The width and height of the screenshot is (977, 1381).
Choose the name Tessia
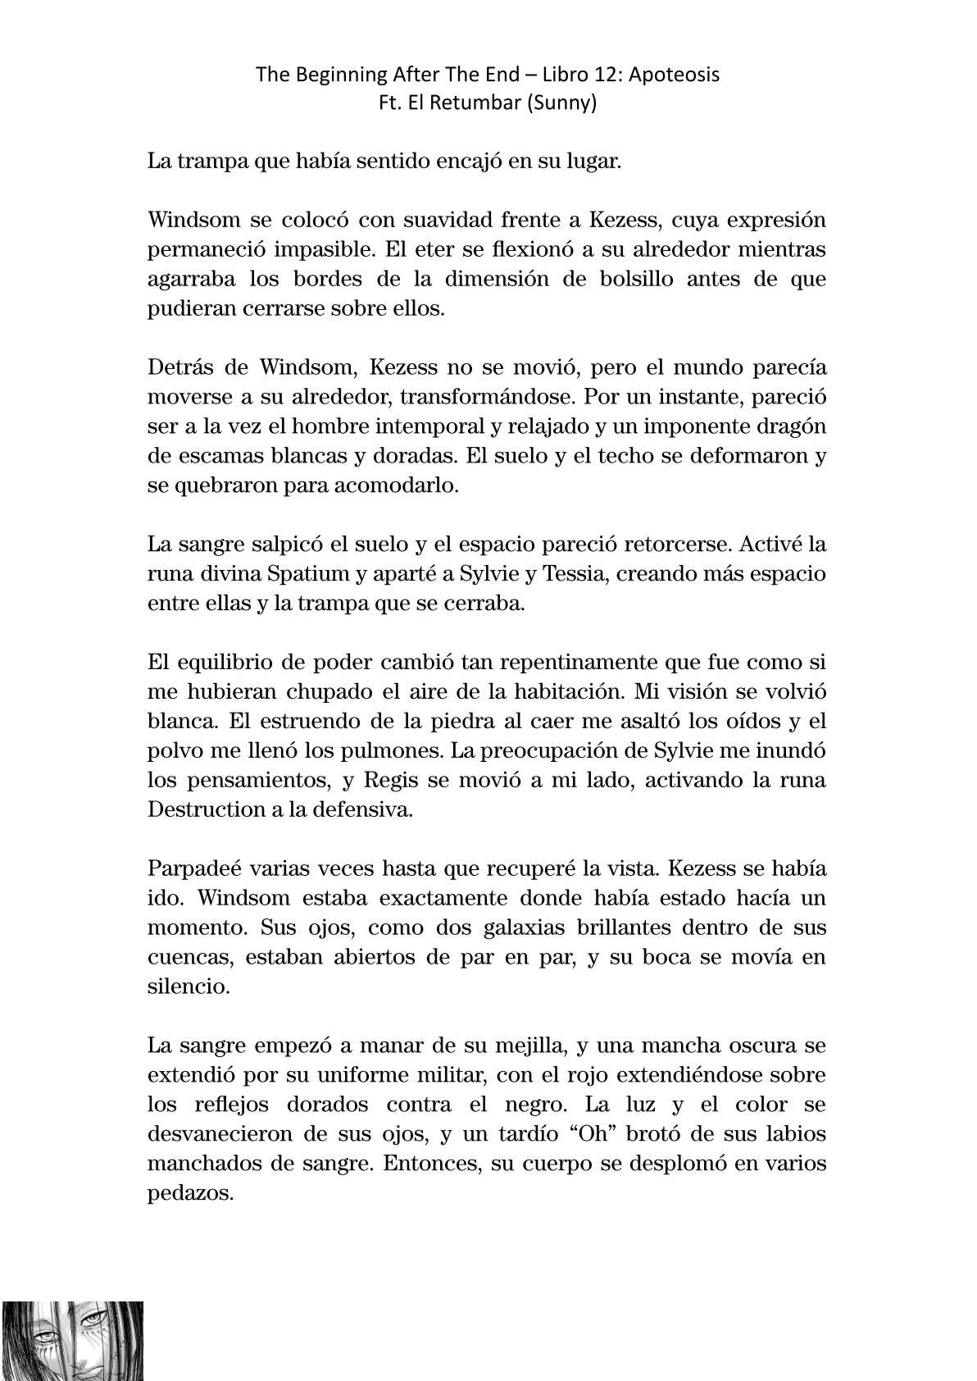pyautogui.click(x=571, y=574)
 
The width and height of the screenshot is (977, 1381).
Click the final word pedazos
pyautogui.click(x=191, y=1193)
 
